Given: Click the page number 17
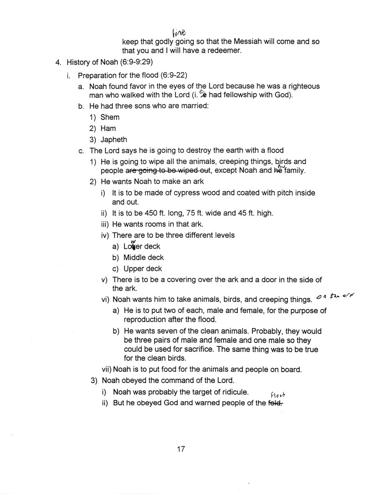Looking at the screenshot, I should (x=181, y=448).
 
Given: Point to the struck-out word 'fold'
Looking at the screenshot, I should (x=275, y=403).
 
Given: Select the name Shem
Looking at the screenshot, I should (x=110, y=117).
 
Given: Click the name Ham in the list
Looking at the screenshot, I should (x=108, y=128).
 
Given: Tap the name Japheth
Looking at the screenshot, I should (x=114, y=140).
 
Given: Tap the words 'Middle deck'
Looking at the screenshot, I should (x=143, y=257).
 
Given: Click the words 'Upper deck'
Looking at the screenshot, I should (x=142, y=269).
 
